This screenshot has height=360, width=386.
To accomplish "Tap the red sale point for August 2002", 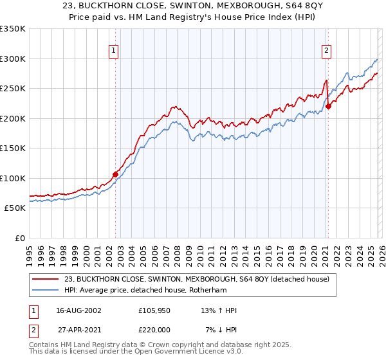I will [116, 174].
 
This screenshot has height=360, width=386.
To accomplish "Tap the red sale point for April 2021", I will [328, 107].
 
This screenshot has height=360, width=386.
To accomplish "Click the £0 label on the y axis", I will [20, 238].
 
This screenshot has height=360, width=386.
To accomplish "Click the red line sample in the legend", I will [46, 279].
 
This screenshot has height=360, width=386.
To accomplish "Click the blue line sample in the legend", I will [46, 291].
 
